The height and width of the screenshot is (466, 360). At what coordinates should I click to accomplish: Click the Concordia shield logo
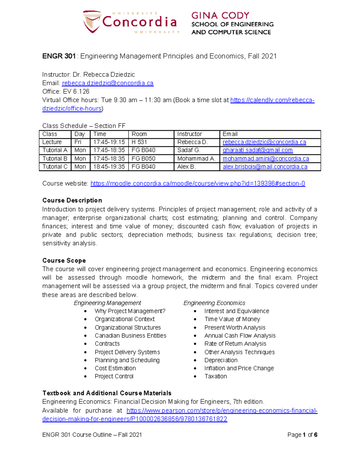pyautogui.click(x=91, y=22)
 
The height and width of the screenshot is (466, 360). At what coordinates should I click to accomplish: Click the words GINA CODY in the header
pyautogui.click(x=220, y=16)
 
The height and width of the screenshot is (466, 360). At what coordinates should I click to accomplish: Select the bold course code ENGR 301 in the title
pyautogui.click(x=59, y=56)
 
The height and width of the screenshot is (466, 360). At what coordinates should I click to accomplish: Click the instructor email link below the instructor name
pyautogui.click(x=108, y=83)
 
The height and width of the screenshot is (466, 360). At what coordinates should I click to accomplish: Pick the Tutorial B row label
pyautogui.click(x=55, y=158)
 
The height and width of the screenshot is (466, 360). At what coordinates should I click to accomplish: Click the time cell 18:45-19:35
pyautogui.click(x=109, y=167)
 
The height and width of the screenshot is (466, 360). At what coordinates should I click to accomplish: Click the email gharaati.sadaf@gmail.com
pyautogui.click(x=257, y=150)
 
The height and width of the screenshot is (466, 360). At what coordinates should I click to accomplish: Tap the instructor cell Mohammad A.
pyautogui.click(x=196, y=158)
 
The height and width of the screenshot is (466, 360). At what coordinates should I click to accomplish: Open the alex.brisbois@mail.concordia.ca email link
pyautogui.click(x=265, y=167)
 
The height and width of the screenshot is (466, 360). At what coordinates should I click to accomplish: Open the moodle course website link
pyautogui.click(x=198, y=183)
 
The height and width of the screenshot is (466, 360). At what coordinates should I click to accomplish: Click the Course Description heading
pyautogui.click(x=72, y=200)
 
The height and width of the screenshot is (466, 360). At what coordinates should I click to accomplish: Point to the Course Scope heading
pyautogui.click(x=64, y=260)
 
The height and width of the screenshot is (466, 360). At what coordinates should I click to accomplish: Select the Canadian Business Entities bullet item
pyautogui.click(x=130, y=335)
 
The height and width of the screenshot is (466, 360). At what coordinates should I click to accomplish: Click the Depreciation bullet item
pyautogui.click(x=221, y=360)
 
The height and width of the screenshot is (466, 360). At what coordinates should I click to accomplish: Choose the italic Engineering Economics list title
pyautogui.click(x=214, y=303)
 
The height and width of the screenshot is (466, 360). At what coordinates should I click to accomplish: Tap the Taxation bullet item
pyautogui.click(x=215, y=376)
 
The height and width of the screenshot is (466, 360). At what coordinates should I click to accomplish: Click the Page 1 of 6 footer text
pyautogui.click(x=302, y=435)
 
